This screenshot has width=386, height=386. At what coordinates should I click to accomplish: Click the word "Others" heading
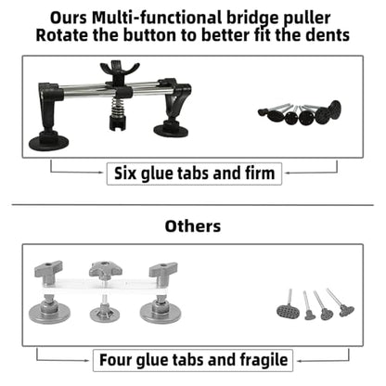click(x=193, y=226)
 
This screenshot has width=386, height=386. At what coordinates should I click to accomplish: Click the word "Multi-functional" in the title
click(x=157, y=18)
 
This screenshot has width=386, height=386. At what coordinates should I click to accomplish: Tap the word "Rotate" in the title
click(x=62, y=35)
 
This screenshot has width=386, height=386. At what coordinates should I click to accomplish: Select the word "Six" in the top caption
click(x=125, y=173)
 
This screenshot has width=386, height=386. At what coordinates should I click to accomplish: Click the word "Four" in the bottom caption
click(x=115, y=360)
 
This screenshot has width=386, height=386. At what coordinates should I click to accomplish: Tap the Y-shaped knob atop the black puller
click(x=119, y=72)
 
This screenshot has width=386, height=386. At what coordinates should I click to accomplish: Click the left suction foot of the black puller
click(x=48, y=143)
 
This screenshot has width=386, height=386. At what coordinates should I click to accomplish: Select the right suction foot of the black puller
click(x=171, y=129)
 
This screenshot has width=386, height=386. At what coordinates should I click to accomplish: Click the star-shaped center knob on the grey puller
click(x=105, y=268)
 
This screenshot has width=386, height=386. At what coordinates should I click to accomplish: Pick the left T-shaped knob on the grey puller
click(x=48, y=270)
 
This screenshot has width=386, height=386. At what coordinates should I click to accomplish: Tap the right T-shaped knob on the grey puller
click(x=163, y=270)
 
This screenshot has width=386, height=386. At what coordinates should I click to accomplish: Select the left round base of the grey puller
click(x=49, y=312)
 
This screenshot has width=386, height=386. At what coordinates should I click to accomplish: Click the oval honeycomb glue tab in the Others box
click(x=288, y=311)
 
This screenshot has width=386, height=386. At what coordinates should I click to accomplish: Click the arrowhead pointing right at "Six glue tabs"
click(x=101, y=173)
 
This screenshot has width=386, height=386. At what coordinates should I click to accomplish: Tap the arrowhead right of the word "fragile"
click(x=299, y=360)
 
